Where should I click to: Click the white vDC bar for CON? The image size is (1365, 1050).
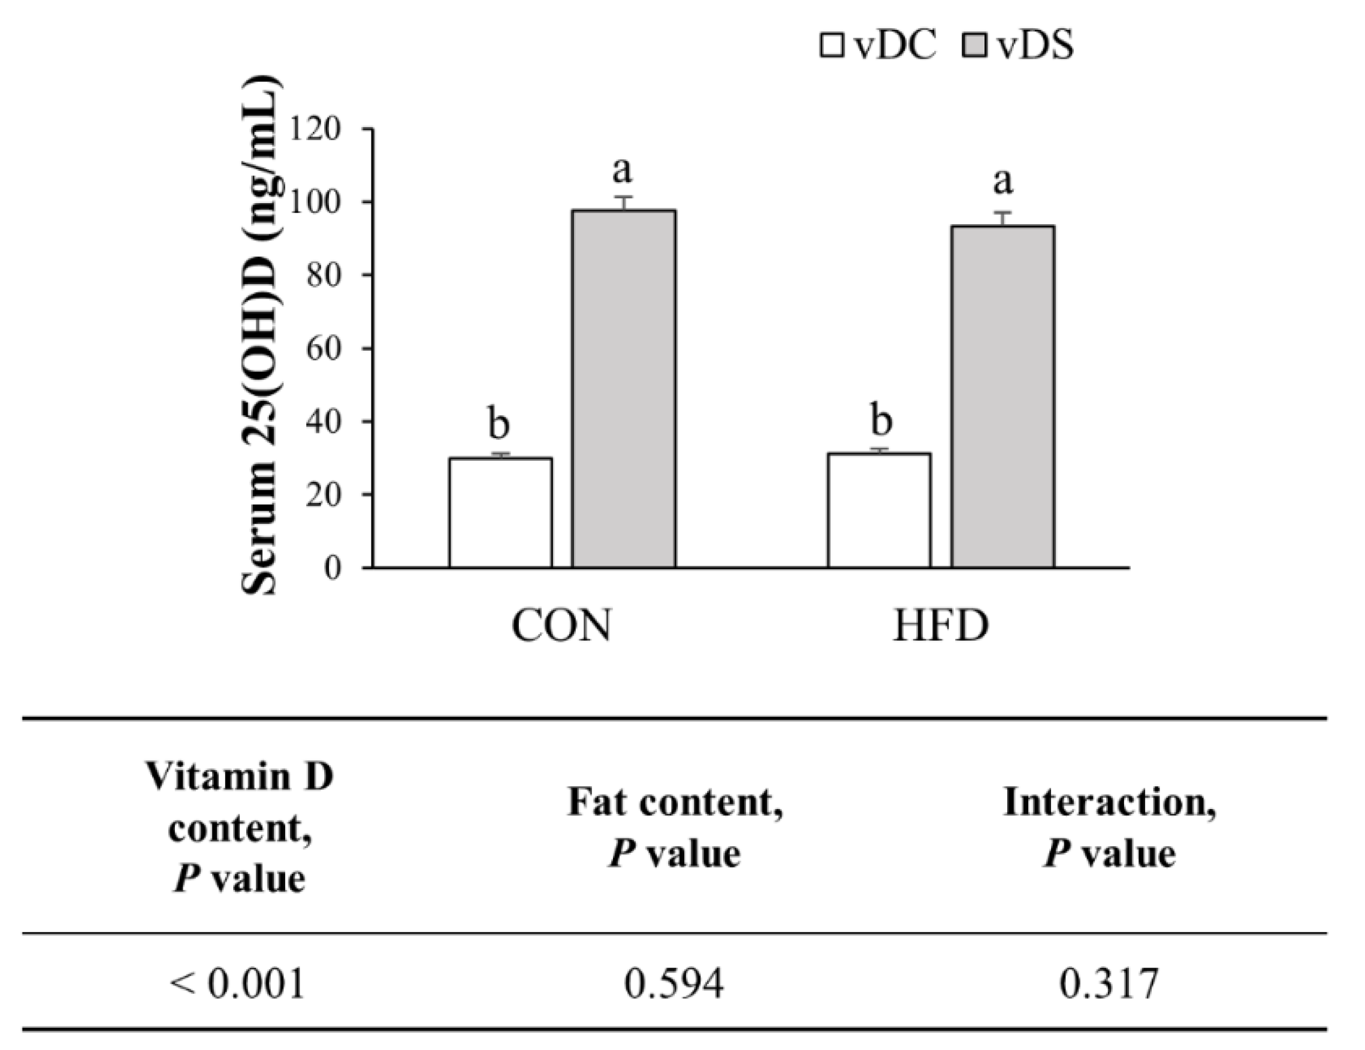[500, 512]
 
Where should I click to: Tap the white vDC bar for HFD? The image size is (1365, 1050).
[879, 510]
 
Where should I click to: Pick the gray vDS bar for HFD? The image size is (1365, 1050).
[1002, 397]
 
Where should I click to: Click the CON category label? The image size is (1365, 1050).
[560, 626]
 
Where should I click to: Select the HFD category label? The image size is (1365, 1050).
[941, 626]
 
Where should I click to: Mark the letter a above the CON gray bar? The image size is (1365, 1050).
[622, 170]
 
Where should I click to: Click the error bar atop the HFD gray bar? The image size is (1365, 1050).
[1003, 218]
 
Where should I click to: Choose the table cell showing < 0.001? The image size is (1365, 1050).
[237, 983]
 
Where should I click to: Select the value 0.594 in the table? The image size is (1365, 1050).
[674, 983]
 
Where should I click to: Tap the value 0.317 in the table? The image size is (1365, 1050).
[1109, 983]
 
